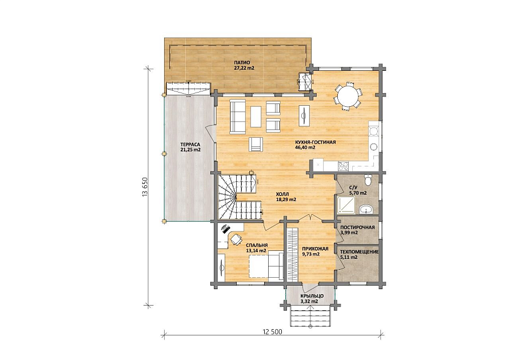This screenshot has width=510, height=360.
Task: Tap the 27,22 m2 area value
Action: click(x=244, y=69)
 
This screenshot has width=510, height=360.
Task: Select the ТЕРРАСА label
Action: click(x=190, y=145)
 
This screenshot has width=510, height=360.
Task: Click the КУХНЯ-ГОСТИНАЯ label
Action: click(x=315, y=142)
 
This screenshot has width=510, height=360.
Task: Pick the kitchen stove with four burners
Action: click(x=343, y=166)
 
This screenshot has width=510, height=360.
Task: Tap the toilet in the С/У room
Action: click(x=368, y=179)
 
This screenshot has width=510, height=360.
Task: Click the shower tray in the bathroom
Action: click(x=346, y=206)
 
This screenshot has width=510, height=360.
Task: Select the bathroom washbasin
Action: click(x=366, y=209)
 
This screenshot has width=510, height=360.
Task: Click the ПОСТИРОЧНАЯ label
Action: click(x=357, y=227)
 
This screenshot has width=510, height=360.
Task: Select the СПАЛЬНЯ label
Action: click(x=257, y=245)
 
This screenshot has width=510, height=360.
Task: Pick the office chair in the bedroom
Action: click(x=236, y=240)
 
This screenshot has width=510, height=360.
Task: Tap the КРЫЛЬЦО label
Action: click(x=311, y=296)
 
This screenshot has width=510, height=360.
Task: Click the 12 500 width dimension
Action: click(x=272, y=332)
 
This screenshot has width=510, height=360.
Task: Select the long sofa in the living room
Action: click(x=238, y=117)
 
